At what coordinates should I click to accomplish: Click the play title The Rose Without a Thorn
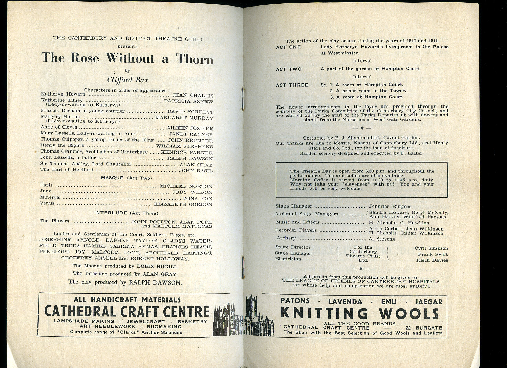[x=127, y=58]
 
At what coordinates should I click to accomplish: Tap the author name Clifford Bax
[x=128, y=80]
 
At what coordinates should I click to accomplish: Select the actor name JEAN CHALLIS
[x=193, y=96]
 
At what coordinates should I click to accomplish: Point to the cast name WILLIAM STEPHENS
[x=184, y=146]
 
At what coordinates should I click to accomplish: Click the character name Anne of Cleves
[x=54, y=127]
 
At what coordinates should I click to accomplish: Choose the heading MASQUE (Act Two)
[x=126, y=178]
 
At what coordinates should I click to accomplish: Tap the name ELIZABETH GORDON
[x=183, y=204]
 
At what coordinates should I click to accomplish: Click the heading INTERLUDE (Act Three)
[x=126, y=213]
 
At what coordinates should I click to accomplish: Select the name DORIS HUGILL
[x=158, y=266]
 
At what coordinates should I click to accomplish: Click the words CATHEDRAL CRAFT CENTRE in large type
[x=127, y=312]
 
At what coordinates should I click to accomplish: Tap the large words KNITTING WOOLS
[x=359, y=313]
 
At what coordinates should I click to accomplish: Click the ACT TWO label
[x=289, y=69]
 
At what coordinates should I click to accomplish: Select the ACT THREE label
[x=292, y=85]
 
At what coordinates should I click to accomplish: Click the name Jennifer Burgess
[x=390, y=207]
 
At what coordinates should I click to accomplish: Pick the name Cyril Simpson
[x=431, y=248]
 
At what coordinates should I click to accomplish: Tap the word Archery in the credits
[x=286, y=238]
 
